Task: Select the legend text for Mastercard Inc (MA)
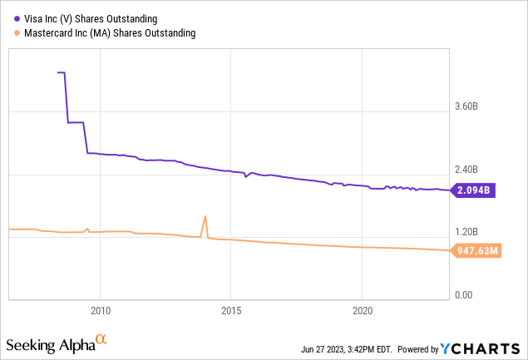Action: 106,33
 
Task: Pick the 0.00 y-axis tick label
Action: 463,295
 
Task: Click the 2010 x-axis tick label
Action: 100,310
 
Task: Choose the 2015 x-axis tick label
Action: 231,310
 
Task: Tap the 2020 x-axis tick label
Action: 363,310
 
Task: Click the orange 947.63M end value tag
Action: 477,249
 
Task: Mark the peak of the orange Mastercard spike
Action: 205,216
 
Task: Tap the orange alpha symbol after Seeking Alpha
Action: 101,340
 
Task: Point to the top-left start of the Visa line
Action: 57,72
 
